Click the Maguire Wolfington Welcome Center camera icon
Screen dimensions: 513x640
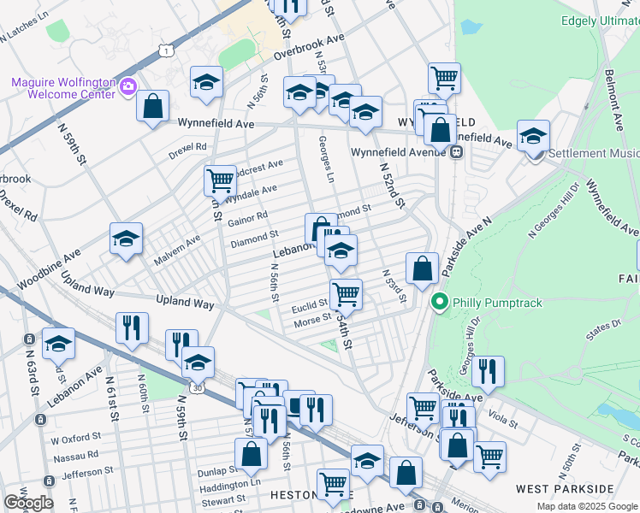(129, 85)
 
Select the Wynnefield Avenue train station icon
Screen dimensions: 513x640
(457, 152)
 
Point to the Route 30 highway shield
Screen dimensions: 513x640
(198, 389)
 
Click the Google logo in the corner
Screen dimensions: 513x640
(28, 503)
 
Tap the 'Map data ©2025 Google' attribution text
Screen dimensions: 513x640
(588, 506)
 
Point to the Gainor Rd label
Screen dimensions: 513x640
(248, 220)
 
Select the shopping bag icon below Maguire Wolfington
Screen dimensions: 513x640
(152, 107)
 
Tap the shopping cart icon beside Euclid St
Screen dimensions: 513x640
(346, 294)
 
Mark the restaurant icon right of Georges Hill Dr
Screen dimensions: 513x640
(488, 370)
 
